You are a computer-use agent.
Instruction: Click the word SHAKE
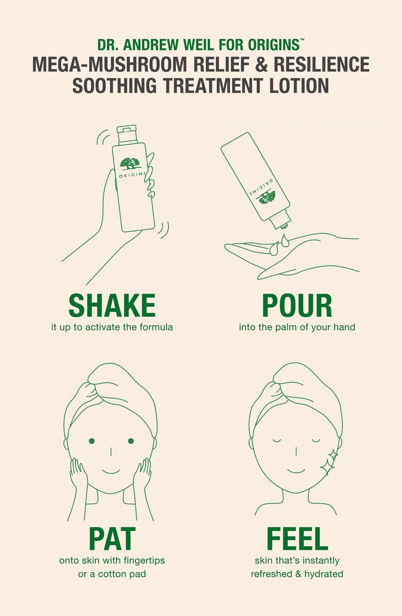pyautogui.click(x=112, y=305)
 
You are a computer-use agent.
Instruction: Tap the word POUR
pyautogui.click(x=297, y=305)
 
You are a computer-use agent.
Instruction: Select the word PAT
pyautogui.click(x=112, y=539)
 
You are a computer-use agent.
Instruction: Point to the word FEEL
pyautogui.click(x=297, y=539)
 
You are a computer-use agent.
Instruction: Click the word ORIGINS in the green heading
pyautogui.click(x=274, y=45)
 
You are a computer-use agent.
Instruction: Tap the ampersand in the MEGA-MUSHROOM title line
pyautogui.click(x=261, y=65)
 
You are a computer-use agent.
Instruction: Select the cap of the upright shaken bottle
pyautogui.click(x=127, y=134)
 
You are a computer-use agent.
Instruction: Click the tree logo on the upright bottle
pyautogui.click(x=130, y=163)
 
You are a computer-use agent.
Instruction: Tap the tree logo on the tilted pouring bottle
pyautogui.click(x=266, y=196)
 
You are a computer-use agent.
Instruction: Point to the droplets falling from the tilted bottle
pyautogui.click(x=279, y=244)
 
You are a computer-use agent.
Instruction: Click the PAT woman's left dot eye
pyautogui.click(x=92, y=441)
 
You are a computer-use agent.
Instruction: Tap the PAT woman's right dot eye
pyautogui.click(x=131, y=441)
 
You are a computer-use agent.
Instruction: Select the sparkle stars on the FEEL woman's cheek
pyautogui.click(x=328, y=462)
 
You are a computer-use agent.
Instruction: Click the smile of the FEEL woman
pyautogui.click(x=296, y=471)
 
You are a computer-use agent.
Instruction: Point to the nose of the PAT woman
pyautogui.click(x=110, y=451)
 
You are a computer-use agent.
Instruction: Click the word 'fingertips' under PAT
pyautogui.click(x=144, y=560)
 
